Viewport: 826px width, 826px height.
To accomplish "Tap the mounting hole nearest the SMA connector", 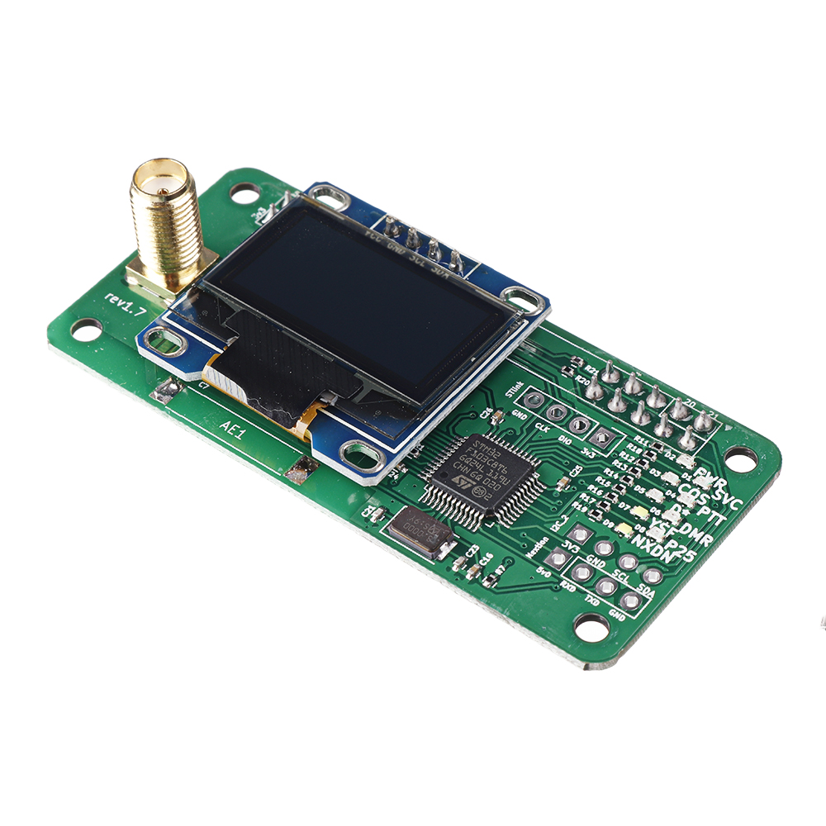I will tap(244, 193).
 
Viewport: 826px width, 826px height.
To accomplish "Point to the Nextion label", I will tap(538, 547).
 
